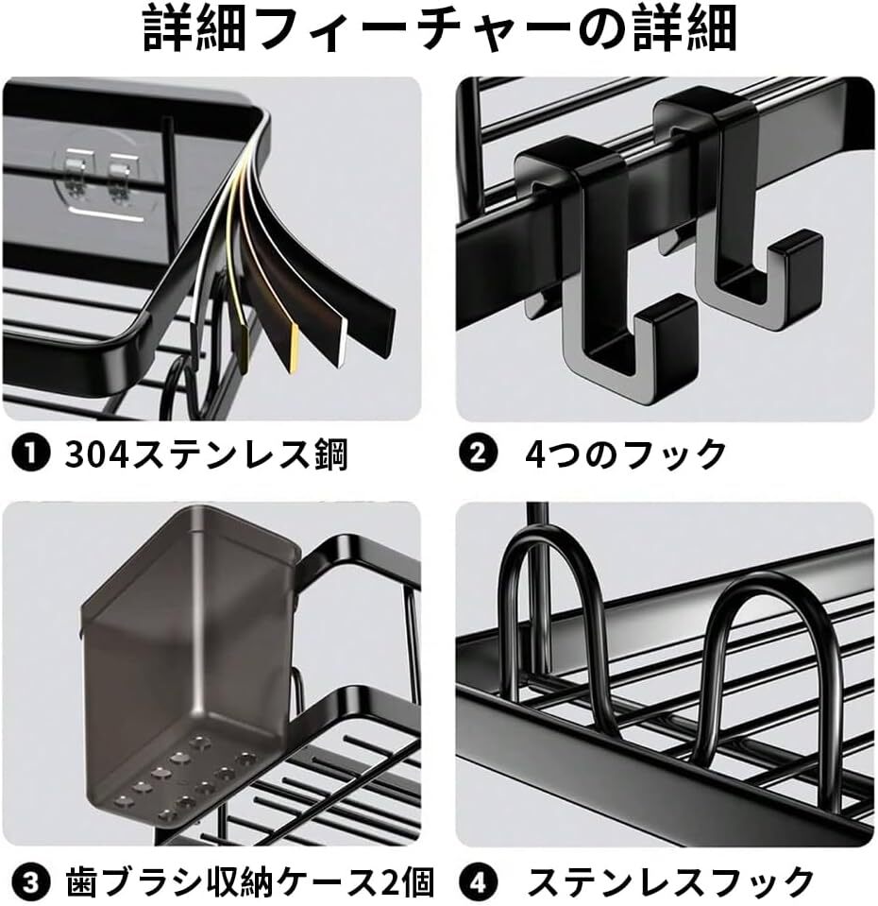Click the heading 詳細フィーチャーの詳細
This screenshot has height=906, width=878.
tap(440, 32)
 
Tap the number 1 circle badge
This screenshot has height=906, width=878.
tap(30, 454)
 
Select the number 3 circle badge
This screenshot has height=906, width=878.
tap(31, 882)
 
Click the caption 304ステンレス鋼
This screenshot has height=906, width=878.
tap(206, 454)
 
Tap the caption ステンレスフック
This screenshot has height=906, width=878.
tap(669, 882)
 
